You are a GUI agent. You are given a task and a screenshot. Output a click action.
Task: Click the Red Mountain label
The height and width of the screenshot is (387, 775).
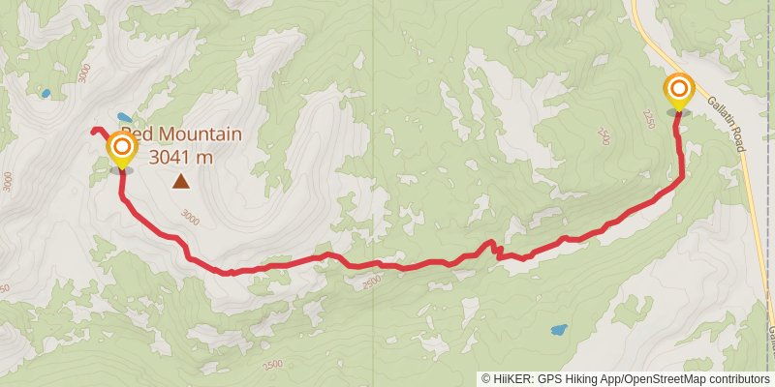point(181,134)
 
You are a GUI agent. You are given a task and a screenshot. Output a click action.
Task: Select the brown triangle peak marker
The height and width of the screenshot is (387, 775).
point(181,180)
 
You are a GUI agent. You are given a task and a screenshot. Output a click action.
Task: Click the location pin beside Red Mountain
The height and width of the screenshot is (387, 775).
point(121,149)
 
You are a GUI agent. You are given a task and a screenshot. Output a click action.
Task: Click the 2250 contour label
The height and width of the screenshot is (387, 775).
point(649,116)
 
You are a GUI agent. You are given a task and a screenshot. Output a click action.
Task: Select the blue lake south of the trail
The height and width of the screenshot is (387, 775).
point(559,329)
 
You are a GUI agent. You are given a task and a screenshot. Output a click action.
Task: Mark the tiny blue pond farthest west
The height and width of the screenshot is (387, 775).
point(45,94)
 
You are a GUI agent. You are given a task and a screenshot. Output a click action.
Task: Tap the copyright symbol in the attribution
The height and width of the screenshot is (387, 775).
point(485,379)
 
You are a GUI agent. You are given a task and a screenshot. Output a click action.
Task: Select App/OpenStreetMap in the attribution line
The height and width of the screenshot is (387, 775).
point(647,379)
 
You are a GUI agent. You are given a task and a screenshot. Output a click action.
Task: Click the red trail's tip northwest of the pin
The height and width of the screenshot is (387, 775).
point(93,131)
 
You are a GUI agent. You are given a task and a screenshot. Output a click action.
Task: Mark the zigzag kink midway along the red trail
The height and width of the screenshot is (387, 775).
point(494,248)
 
